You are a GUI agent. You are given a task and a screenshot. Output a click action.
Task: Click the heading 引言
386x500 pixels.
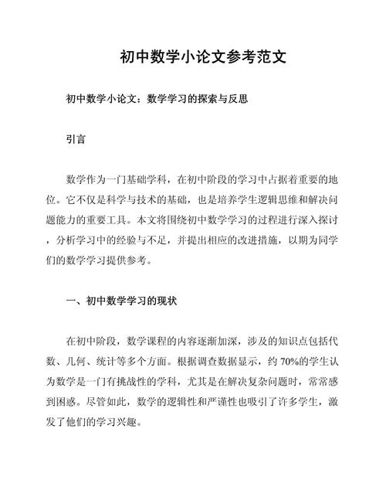(x=76, y=142)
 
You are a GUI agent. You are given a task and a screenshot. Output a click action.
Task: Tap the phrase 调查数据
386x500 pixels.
(x=225, y=361)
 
